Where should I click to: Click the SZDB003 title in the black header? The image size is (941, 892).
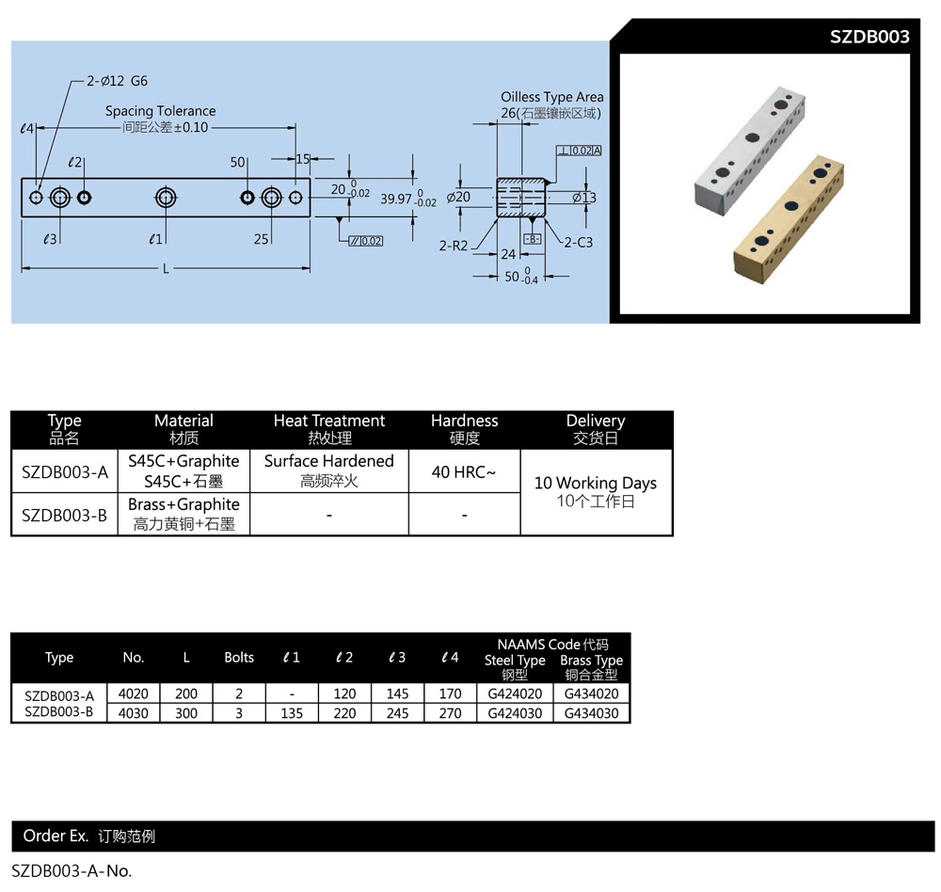point(869,38)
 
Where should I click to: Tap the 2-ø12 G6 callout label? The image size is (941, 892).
point(117,82)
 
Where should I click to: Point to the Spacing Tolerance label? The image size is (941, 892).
point(160,111)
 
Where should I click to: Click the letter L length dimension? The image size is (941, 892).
point(166,269)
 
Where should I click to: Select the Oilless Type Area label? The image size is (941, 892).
point(551,97)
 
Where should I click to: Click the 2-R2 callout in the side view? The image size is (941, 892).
point(455,246)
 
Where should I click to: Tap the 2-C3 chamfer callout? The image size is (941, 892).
point(579,242)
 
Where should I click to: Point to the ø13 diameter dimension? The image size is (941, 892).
point(583,198)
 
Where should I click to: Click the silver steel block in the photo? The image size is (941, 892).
point(750,151)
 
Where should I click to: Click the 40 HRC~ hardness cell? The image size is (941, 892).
point(463,471)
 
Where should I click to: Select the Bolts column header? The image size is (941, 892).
point(239,658)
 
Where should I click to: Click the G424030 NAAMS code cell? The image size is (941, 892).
point(515,713)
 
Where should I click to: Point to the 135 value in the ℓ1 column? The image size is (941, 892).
point(292,713)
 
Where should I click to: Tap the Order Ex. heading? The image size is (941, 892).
point(56,836)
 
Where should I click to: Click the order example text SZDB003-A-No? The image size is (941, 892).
point(72,870)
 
